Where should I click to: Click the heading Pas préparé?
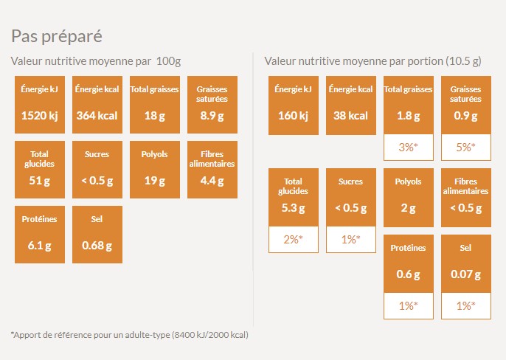tap(56, 36)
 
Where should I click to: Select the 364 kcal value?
tap(97, 115)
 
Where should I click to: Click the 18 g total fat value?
tap(154, 115)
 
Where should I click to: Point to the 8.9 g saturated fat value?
tap(212, 115)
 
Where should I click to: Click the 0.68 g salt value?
tap(97, 245)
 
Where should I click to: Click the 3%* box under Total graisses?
tap(409, 148)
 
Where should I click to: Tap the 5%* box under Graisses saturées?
tap(465, 148)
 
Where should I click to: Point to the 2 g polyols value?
tap(409, 208)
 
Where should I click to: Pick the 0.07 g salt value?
tap(465, 275)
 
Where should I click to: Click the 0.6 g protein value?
tap(409, 275)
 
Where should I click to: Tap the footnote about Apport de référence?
tap(130, 335)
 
